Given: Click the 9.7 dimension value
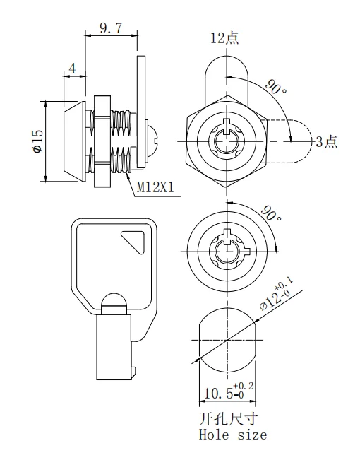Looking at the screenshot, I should coord(112,28).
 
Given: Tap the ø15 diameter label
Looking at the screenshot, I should coord(37,140).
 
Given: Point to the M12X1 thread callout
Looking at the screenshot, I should coord(155,187).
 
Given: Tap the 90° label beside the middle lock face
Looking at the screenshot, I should coord(271,213).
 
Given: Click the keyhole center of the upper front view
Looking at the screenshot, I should coord(227,140).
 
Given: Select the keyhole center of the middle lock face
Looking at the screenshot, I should coord(227,251).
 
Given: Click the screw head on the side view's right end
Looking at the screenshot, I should coord(152,139).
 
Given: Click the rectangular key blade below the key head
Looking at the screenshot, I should coord(114,346).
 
